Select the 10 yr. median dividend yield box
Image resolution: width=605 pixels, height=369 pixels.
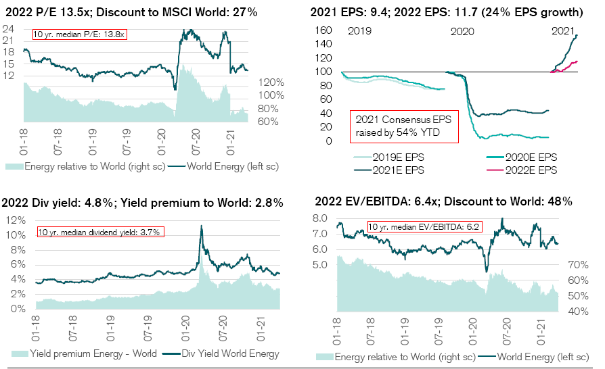click(101, 232)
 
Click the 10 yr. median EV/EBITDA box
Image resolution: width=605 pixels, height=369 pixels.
click(424, 227)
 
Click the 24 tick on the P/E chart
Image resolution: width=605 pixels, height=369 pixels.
click(9, 29)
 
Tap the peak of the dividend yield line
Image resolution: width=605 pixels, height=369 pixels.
click(201, 226)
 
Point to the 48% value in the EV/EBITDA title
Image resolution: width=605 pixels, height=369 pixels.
click(559, 201)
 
